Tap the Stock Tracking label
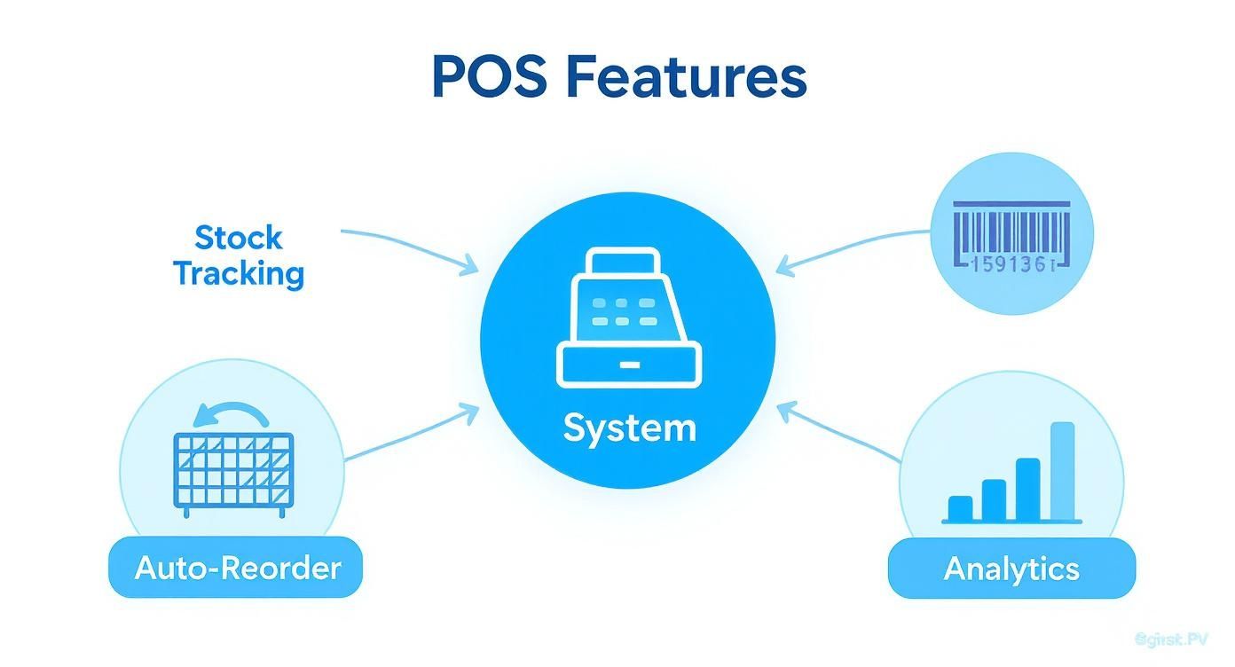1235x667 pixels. pyautogui.click(x=239, y=255)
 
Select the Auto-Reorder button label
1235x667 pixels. pyautogui.click(x=237, y=567)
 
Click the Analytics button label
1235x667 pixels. pyautogui.click(x=1011, y=568)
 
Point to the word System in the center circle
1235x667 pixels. pyautogui.click(x=629, y=428)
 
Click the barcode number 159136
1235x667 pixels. pyautogui.click(x=1011, y=263)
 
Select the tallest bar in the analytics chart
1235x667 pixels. pyautogui.click(x=1062, y=470)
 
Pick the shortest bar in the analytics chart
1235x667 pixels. pyautogui.click(x=960, y=507)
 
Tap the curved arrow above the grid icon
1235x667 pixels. pyautogui.click(x=232, y=412)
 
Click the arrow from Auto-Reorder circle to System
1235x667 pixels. pyautogui.click(x=408, y=435)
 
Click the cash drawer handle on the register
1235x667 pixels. pyautogui.click(x=629, y=364)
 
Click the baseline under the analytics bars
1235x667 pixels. pyautogui.click(x=1011, y=522)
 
